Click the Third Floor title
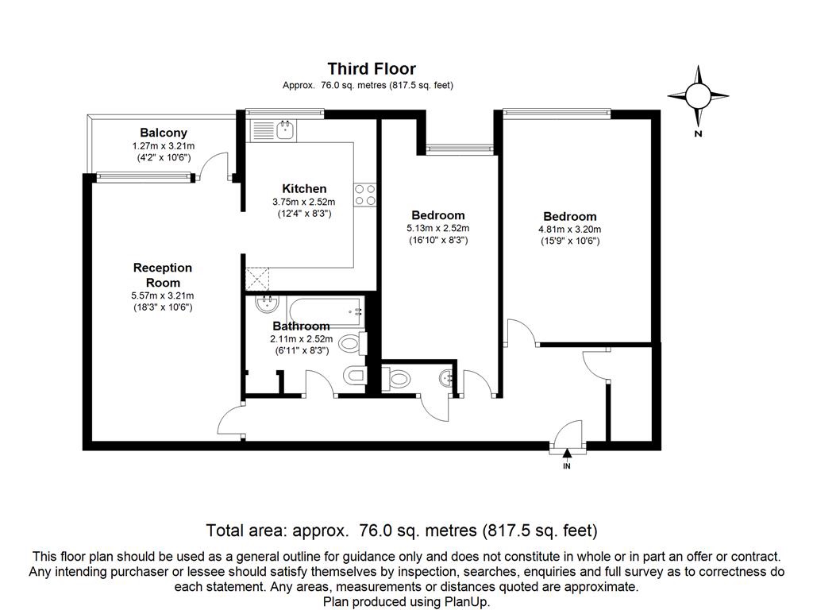coord(372,69)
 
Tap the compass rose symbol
coord(698,96)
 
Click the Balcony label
coord(164,133)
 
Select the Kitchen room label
coord(304,188)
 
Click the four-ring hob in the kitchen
coord(365,195)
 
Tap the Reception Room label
coord(163,275)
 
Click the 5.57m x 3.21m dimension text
coord(163,295)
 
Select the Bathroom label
coord(301,326)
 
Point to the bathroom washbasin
coord(265,303)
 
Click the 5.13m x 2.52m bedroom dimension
coord(437,228)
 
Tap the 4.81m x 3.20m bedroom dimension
coord(569,230)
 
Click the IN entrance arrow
coord(567,455)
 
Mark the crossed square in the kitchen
coord(258,279)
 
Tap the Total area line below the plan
coord(402,530)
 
